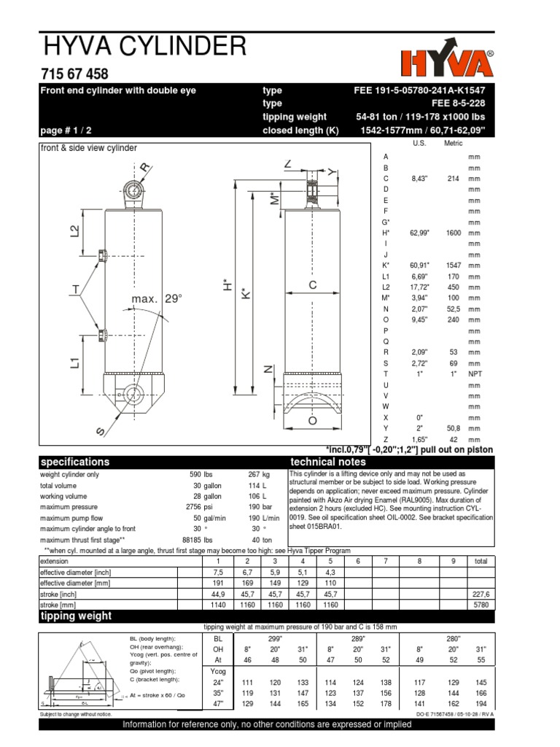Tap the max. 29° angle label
pos(156,300)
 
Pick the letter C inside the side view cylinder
pos(312,287)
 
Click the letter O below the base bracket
pos(313,420)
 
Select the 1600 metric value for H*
pos(454,233)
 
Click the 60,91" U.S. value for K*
pos(419,266)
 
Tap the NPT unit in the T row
pos(475,374)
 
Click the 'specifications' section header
pos(75,462)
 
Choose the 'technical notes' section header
pos(328,462)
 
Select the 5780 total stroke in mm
pos(481,605)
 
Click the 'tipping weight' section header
pos(76,616)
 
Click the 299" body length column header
pos(275,638)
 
